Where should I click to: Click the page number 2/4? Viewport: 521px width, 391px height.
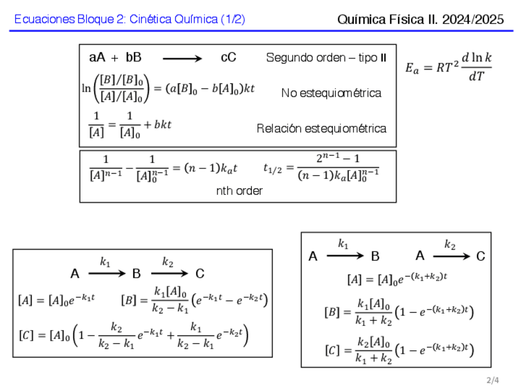493,381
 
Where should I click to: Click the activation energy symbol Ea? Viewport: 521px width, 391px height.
412,69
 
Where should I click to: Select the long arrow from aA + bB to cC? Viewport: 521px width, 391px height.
182,59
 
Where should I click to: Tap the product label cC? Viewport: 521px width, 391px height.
229,58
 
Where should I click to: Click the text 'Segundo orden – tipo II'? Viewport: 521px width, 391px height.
326,58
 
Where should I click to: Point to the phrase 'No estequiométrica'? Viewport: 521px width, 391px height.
331,93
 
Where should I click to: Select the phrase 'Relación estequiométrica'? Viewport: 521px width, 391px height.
321,128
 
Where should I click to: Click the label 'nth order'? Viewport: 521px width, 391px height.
239,191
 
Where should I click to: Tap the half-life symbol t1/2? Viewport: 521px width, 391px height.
272,168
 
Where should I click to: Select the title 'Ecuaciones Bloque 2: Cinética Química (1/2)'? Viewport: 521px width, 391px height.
130,20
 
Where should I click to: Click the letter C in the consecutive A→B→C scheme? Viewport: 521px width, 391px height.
200,274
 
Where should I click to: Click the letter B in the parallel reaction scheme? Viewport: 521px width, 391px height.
375,256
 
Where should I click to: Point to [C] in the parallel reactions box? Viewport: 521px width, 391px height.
332,350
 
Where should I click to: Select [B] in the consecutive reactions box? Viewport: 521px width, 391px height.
129,300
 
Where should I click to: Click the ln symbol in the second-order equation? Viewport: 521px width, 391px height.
86,88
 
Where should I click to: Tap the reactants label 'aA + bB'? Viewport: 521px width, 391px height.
116,58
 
